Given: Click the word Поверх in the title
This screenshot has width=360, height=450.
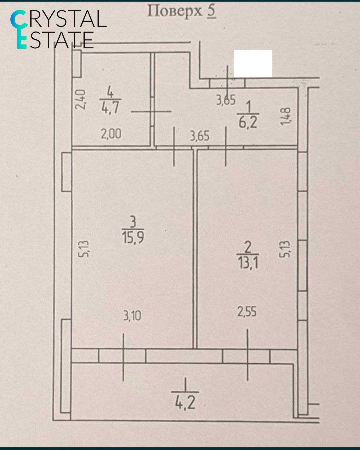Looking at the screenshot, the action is click(x=175, y=12).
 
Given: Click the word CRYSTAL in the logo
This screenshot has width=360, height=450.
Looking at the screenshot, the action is click(x=58, y=19).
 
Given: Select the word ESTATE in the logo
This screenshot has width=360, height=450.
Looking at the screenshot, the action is click(x=55, y=40).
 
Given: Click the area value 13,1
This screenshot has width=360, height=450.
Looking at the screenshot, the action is click(x=248, y=262).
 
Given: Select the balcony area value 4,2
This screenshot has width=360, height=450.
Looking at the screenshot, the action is click(x=185, y=403).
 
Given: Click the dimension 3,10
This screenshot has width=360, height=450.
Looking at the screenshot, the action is click(x=132, y=316).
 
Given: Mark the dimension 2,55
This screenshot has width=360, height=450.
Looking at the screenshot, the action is click(x=247, y=312).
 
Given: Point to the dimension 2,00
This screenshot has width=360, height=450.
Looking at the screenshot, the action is click(x=111, y=134).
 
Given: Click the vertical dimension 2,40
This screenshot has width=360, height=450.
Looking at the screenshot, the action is click(x=80, y=100).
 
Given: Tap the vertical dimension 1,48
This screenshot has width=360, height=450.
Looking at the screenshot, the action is click(x=285, y=116).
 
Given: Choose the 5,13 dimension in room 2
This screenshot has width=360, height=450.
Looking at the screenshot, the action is click(x=285, y=249).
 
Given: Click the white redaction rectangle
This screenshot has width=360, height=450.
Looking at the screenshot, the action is click(x=253, y=64).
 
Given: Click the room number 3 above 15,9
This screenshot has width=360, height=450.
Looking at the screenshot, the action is click(x=133, y=222).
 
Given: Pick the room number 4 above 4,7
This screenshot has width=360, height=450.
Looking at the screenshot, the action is click(x=110, y=92).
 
